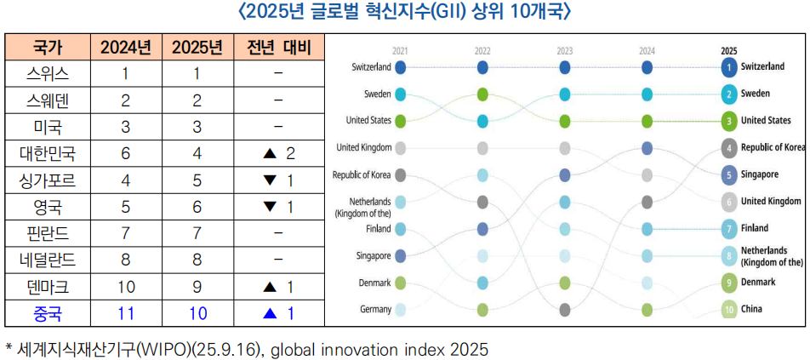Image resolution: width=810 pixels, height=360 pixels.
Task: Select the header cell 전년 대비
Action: (278, 47)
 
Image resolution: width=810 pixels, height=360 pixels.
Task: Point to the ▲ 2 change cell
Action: (278, 153)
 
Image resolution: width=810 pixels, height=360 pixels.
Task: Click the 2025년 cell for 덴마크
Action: (197, 287)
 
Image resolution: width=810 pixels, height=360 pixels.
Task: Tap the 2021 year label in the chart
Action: (400, 50)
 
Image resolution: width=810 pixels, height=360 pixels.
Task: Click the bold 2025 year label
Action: (729, 50)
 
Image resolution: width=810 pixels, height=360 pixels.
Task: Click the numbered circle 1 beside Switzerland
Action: (729, 66)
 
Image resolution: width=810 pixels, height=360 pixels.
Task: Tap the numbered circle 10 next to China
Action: (729, 310)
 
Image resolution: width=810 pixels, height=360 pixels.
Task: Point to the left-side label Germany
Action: (374, 310)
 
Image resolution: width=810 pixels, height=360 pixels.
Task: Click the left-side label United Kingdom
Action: (364, 147)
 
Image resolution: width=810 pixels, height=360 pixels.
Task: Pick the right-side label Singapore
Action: (760, 174)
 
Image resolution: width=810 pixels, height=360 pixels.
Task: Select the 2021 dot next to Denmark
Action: (401, 283)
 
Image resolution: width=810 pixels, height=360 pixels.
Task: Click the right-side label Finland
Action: (755, 228)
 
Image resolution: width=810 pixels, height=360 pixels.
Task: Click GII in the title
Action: (447, 13)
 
